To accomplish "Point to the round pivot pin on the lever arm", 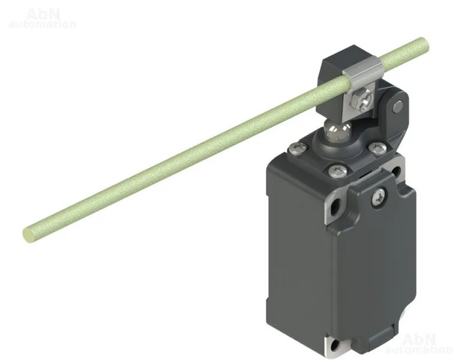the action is [x=398, y=107].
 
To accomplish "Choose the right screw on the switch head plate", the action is [x=377, y=147].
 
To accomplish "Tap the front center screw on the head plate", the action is [x=337, y=170].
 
